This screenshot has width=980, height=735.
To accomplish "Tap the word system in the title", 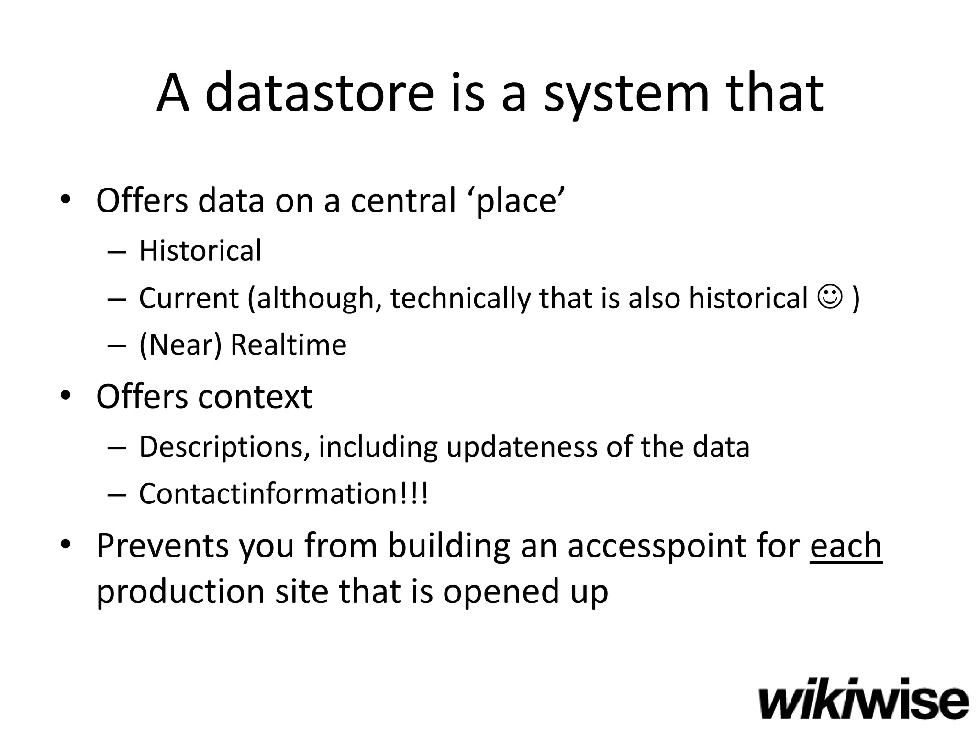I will pyautogui.click(x=626, y=93).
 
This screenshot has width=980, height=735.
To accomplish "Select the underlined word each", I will pyautogui.click(x=846, y=546).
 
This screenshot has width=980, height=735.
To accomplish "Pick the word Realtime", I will pyautogui.click(x=288, y=345).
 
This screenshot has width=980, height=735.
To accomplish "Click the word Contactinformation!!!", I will pyautogui.click(x=283, y=494).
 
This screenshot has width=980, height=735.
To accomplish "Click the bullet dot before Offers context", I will pyautogui.click(x=66, y=395).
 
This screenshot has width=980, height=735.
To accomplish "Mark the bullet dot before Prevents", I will pyautogui.click(x=66, y=545).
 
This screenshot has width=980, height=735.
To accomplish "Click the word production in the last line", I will pyautogui.click(x=180, y=591).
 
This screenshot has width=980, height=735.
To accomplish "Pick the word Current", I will pyautogui.click(x=189, y=298).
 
